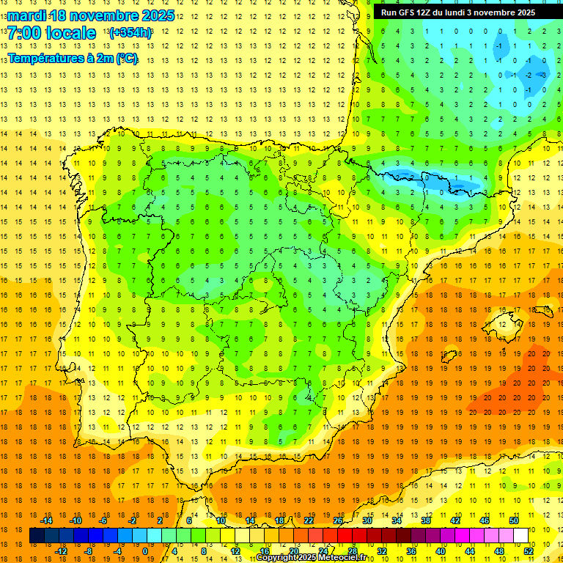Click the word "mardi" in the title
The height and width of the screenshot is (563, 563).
(26, 15)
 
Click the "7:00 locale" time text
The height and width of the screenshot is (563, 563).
(51, 34)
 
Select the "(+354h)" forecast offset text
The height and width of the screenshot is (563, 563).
(130, 33)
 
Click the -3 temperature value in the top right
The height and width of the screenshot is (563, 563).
(543, 75)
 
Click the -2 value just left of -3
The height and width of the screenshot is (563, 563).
(529, 75)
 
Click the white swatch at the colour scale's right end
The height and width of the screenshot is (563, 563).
(521, 536)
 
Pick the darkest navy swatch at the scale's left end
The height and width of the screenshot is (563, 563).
(37, 536)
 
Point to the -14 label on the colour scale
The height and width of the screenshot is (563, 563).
(46, 520)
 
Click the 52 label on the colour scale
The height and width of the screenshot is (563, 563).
(529, 551)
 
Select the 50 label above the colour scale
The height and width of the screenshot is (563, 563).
(514, 520)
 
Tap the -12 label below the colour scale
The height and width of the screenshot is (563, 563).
(61, 551)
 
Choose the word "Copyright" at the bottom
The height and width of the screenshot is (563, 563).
(279, 558)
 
